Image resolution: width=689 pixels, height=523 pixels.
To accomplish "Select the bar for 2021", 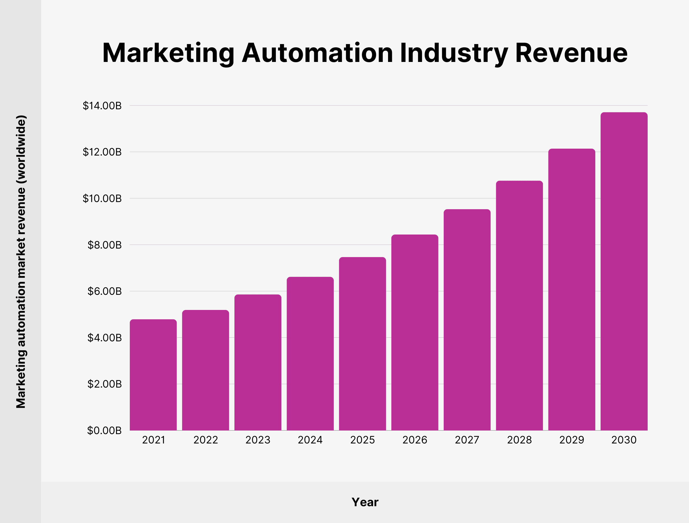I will point(153,375).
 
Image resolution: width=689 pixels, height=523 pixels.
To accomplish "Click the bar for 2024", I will point(310,354).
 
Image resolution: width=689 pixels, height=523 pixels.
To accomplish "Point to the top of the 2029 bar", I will point(572,150).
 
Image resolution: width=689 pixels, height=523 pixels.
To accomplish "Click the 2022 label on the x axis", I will point(205,440).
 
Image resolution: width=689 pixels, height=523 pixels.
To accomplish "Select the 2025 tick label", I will point(362,440).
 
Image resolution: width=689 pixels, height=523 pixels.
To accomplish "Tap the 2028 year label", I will point(519,440).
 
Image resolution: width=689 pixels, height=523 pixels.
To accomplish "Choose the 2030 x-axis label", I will point(624,440).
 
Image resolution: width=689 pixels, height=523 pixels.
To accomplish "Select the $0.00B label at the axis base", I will point(104,431).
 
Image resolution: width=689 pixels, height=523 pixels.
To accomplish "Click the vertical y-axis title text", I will point(21,261).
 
